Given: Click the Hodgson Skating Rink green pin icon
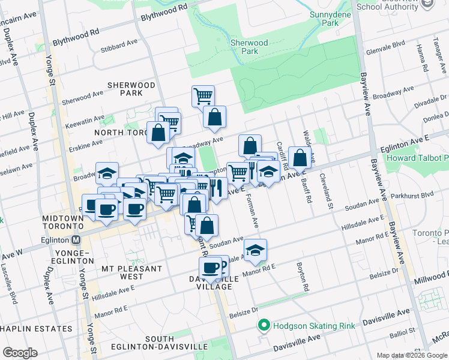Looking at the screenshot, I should click(263, 326).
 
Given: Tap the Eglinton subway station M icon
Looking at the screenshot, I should click(76, 239).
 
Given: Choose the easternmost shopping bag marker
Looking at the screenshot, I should click(300, 158).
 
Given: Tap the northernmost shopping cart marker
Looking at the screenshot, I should click(203, 95).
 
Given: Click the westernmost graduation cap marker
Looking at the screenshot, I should click(107, 173).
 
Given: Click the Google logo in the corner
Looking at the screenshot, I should click(20, 353).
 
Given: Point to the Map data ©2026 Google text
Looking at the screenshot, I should click(412, 355).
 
